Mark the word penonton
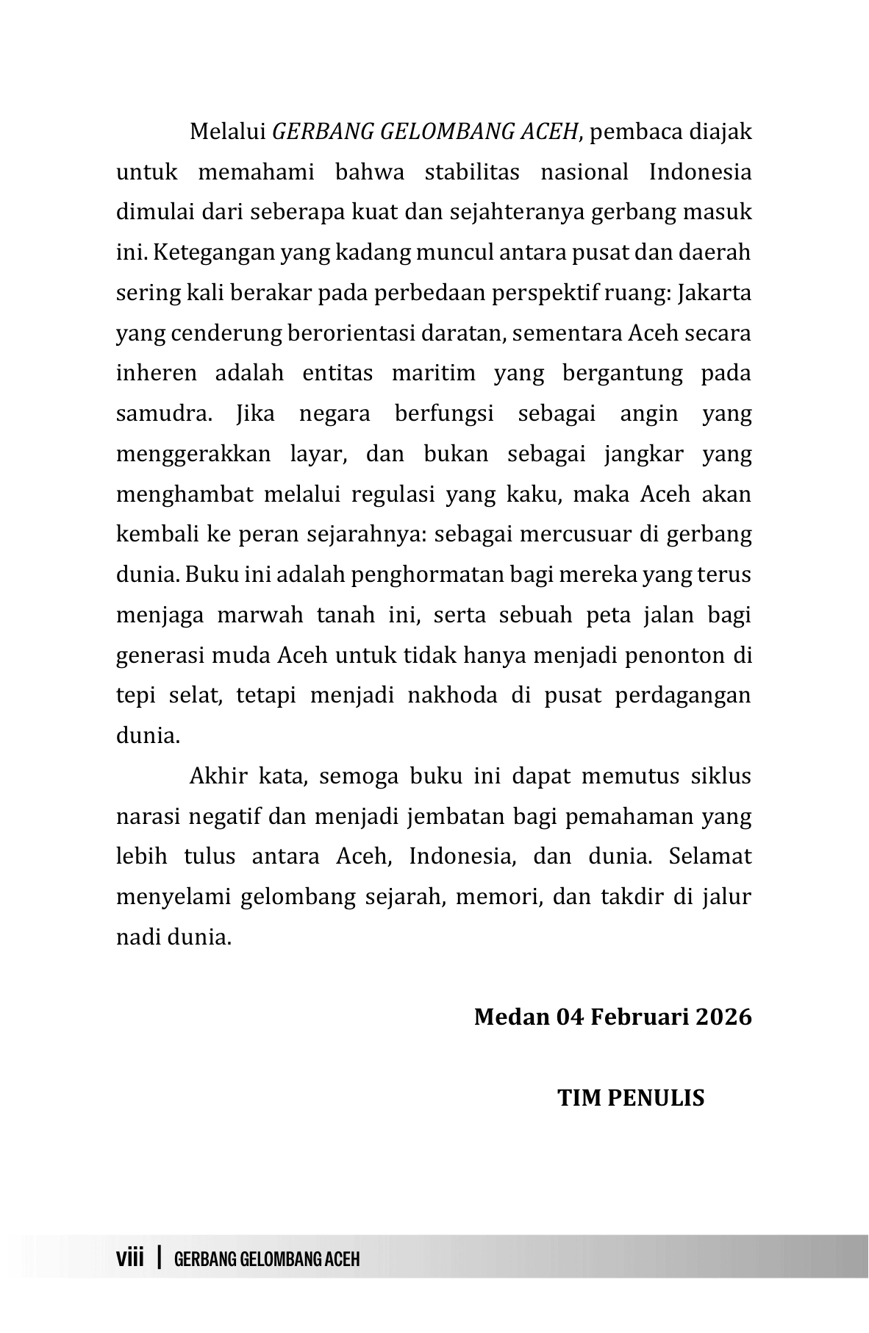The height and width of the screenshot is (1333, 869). [x=673, y=655]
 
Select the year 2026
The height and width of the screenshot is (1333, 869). [x=723, y=1017]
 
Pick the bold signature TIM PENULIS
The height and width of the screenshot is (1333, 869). [x=631, y=1098]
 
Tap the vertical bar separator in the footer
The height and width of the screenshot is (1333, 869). [x=159, y=1256]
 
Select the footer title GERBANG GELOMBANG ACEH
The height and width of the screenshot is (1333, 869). [x=268, y=1259]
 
